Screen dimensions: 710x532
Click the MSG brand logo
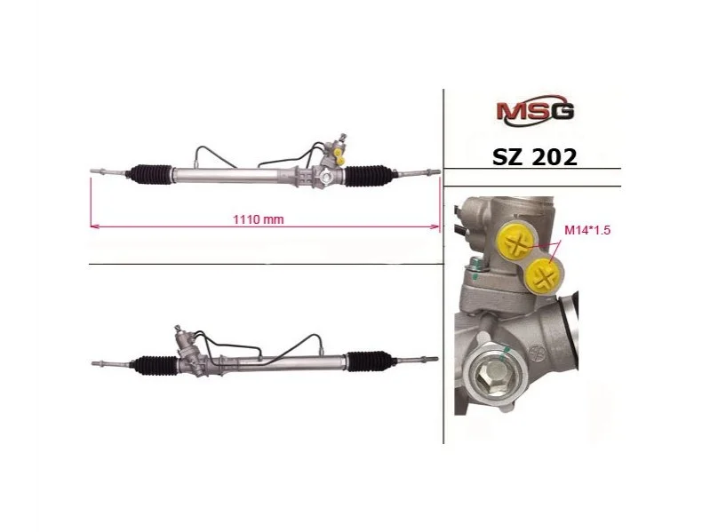[x=535, y=110]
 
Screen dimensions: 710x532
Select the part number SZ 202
[x=535, y=157]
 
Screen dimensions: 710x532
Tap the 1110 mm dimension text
[x=258, y=219]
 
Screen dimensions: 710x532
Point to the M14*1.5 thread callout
[x=587, y=230]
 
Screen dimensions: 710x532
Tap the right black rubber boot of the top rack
[x=368, y=176]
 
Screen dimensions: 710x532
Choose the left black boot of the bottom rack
[x=154, y=365]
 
